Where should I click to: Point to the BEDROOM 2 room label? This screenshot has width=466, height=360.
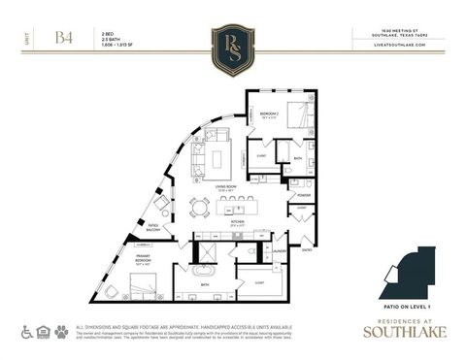tap(268, 114)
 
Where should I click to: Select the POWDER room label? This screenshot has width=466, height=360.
tap(304, 194)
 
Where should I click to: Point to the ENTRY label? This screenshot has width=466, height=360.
tap(307, 249)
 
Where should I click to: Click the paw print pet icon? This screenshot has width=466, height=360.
tap(61, 331)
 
